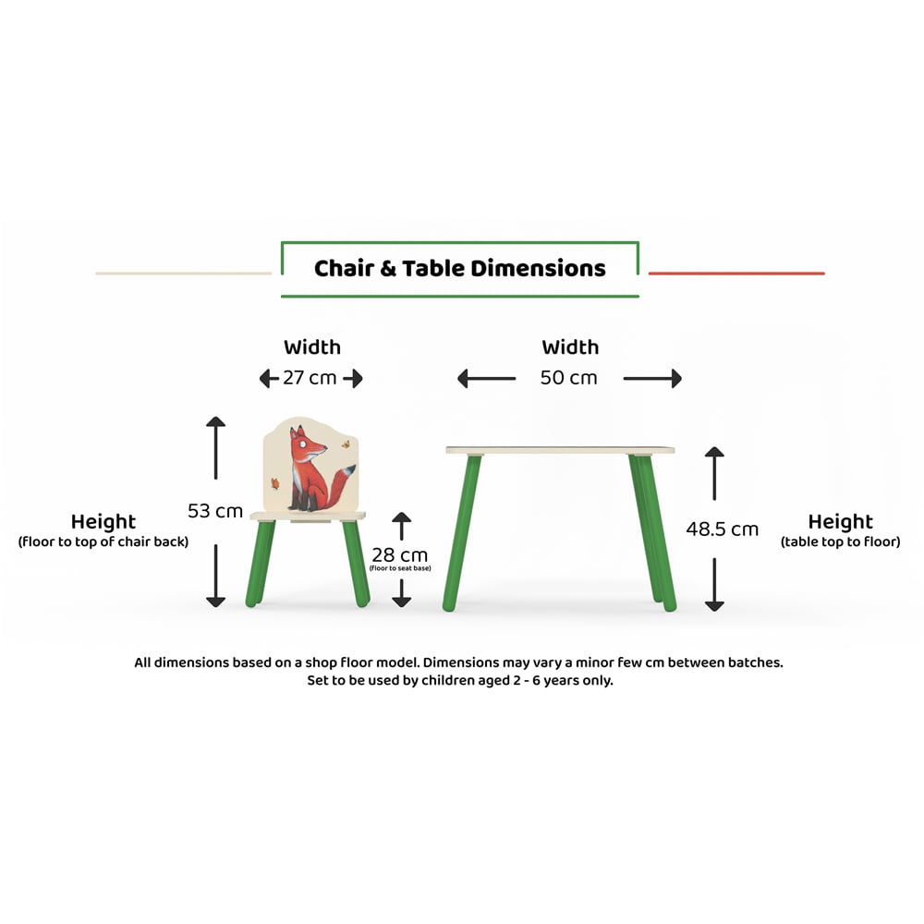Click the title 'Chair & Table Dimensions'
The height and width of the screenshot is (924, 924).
tap(459, 269)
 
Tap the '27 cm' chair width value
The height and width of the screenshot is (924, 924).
tap(310, 378)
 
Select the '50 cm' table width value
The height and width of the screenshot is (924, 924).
tap(569, 378)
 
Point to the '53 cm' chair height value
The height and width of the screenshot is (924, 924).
tap(215, 511)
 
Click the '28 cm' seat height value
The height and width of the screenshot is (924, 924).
tap(400, 555)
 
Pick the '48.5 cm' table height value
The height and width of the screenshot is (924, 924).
tap(722, 529)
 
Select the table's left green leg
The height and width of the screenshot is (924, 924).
tap(461, 532)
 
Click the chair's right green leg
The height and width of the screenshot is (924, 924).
tap(356, 562)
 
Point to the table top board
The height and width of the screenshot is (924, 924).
tap(560, 450)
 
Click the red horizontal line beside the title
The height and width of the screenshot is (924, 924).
tap(736, 274)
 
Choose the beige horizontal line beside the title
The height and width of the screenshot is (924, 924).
tap(183, 274)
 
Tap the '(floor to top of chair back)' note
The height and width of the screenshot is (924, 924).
tap(103, 542)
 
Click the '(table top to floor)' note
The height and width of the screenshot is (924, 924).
tap(840, 542)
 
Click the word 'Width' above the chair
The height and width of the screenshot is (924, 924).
tap(311, 347)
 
